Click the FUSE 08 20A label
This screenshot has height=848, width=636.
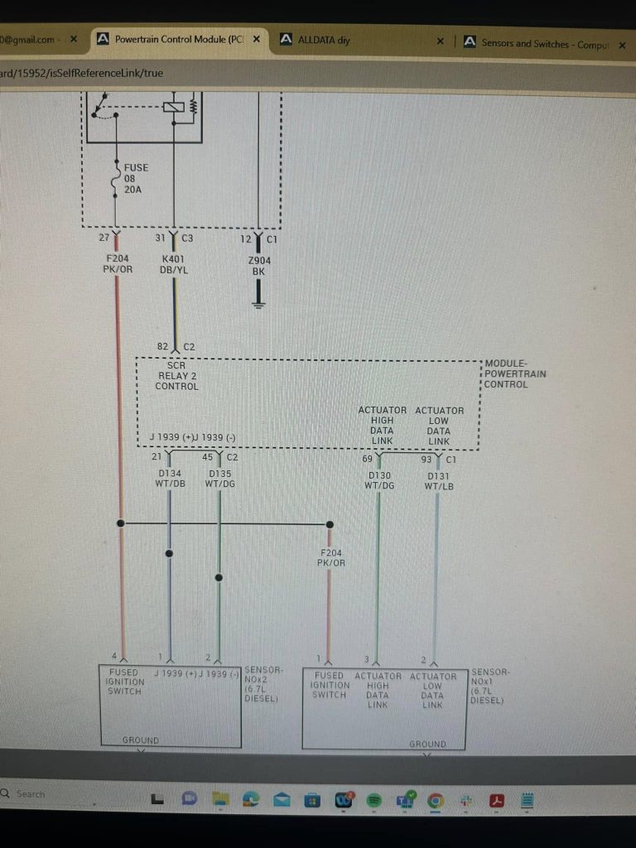coord(136,178)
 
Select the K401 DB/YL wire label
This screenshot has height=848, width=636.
coord(174,263)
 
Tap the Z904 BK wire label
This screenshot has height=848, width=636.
coord(259,265)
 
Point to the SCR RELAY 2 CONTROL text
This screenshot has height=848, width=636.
coord(178,375)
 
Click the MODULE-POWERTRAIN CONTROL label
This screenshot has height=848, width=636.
coord(515,373)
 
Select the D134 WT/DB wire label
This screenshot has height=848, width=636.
coord(170,479)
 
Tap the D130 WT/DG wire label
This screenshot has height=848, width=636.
coord(379,480)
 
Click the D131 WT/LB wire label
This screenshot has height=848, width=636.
coord(439,481)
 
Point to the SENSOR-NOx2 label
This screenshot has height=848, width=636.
coord(263,683)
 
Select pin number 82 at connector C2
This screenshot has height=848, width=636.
coord(163,347)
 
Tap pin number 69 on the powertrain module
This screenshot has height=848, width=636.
coord(367,458)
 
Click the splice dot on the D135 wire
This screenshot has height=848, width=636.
coord(219,577)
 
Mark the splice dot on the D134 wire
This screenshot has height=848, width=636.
coord(170,552)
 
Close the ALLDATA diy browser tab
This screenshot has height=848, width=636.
coord(440,41)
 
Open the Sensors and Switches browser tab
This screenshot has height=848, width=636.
coord(538,43)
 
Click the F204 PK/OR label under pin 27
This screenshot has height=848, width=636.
coord(117,263)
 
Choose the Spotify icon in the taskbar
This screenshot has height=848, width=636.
coord(373,800)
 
